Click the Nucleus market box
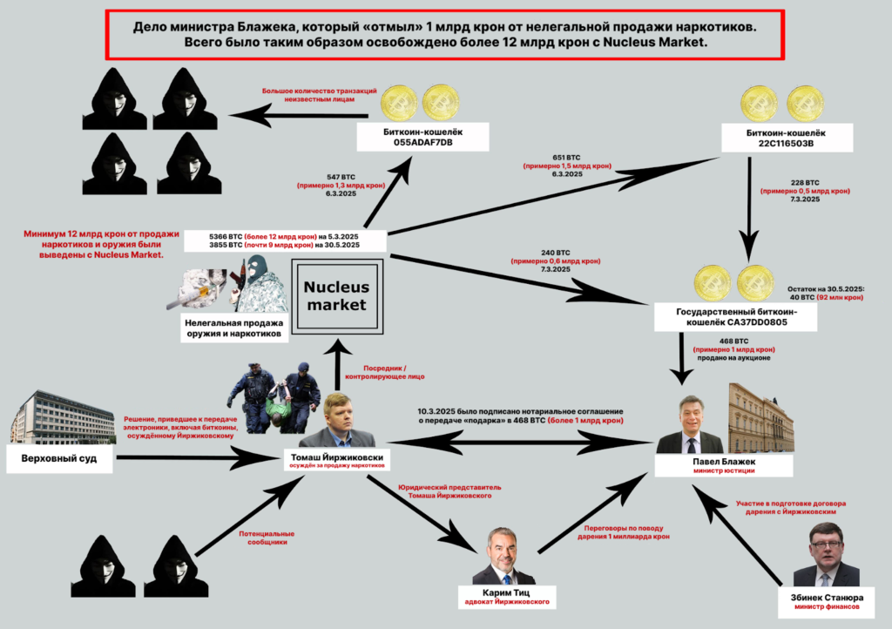click(x=335, y=296)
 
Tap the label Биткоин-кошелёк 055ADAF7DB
click(x=422, y=136)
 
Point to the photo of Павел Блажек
click(x=689, y=426)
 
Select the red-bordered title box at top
click(x=445, y=34)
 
